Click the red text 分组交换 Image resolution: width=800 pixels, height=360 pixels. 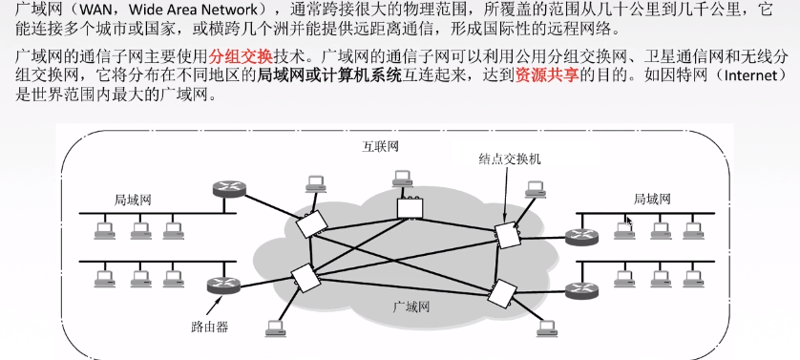(237, 58)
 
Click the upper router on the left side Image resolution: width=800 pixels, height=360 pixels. (227, 187)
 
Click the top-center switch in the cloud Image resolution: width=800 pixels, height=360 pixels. (411, 205)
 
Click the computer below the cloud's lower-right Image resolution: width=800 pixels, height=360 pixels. (547, 327)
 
